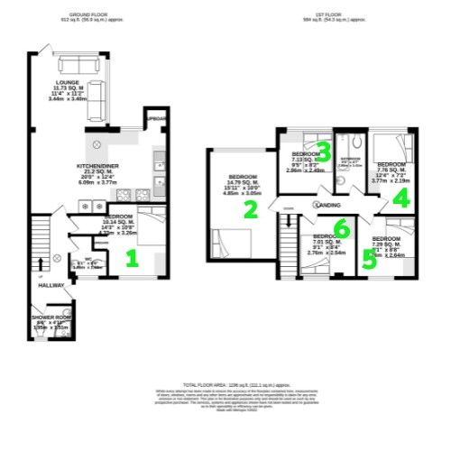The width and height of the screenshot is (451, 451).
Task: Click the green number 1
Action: coord(132,260)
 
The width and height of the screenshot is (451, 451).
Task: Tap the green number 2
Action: coord(253,209)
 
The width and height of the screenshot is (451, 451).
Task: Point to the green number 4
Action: coord(401,199)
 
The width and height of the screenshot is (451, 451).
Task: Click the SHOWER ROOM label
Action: coord(51,318)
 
